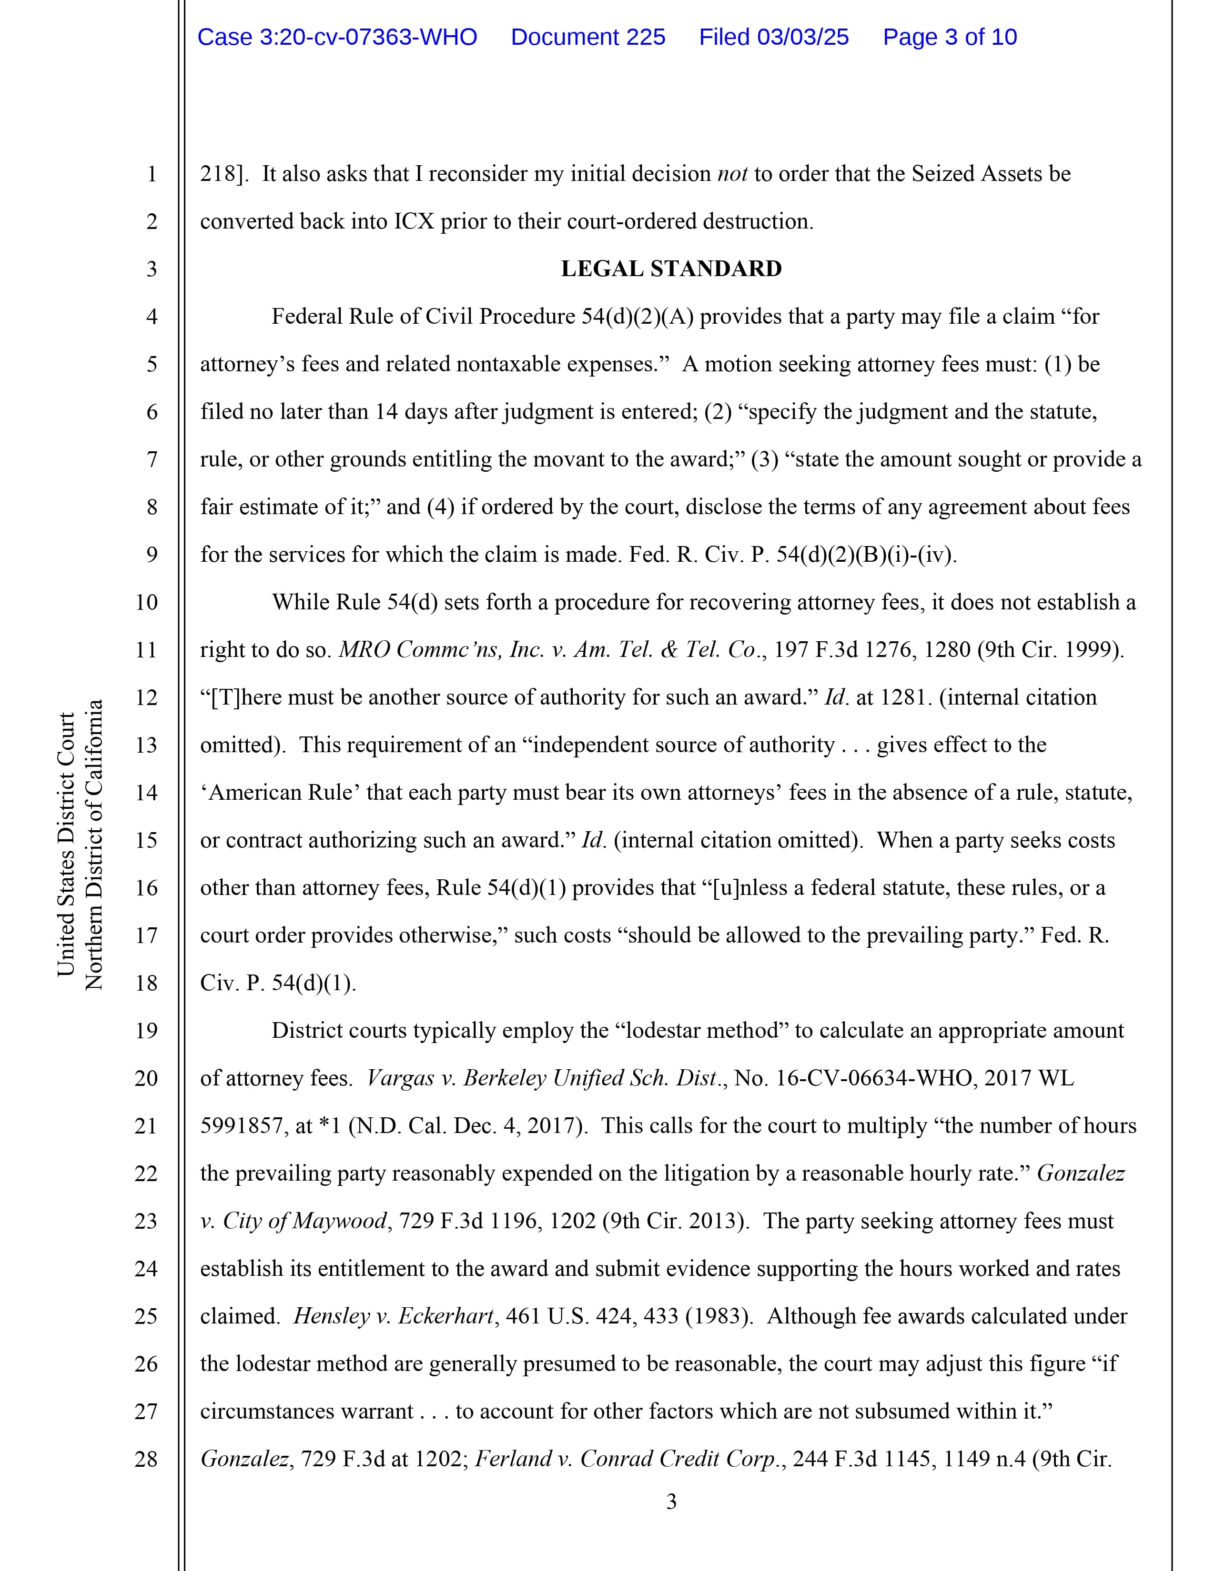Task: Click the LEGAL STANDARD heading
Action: (x=671, y=269)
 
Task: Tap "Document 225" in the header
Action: (x=587, y=38)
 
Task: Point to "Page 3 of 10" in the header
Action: (x=950, y=38)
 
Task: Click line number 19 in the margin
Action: (x=146, y=1031)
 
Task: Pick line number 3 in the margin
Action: (x=151, y=269)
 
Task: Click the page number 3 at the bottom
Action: (x=671, y=1502)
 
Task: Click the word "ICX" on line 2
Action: (x=414, y=221)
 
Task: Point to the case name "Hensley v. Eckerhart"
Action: (x=394, y=1316)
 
